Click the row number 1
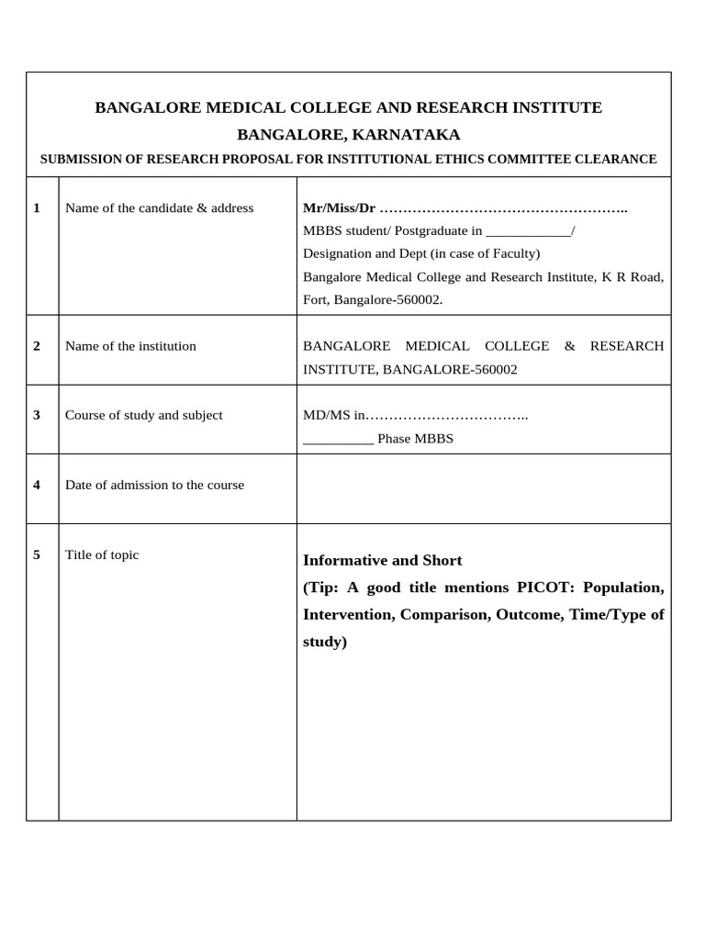(x=37, y=208)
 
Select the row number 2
(x=37, y=347)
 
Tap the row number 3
(x=37, y=416)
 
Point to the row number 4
(x=37, y=486)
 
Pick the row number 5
(x=37, y=555)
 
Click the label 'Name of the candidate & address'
(x=159, y=208)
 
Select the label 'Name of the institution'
(x=130, y=347)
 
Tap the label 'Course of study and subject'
(x=143, y=416)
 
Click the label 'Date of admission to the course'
(x=154, y=486)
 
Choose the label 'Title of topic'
(x=102, y=555)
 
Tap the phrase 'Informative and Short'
(x=382, y=561)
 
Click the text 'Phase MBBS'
(x=415, y=439)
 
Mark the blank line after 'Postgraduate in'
(x=528, y=231)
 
